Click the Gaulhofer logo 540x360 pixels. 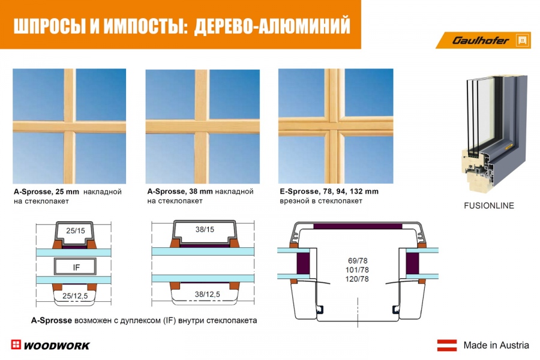point(483,40)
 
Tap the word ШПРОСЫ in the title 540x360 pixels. point(50,26)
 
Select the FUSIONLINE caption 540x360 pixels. point(488,206)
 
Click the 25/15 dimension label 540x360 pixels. point(76,230)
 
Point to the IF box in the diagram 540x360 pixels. point(76,266)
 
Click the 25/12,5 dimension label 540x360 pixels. point(75,296)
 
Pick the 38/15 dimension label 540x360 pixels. point(205,229)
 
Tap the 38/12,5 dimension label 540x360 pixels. point(208,294)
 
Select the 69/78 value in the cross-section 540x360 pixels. point(358,261)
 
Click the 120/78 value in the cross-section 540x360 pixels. point(357,279)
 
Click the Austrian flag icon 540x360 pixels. point(447,345)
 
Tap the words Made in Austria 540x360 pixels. point(496,345)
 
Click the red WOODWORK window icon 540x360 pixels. point(16,344)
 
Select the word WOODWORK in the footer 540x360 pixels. point(57,346)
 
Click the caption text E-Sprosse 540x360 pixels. point(299,191)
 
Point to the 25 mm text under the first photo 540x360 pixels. point(67,192)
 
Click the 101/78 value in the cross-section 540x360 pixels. point(357,270)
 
